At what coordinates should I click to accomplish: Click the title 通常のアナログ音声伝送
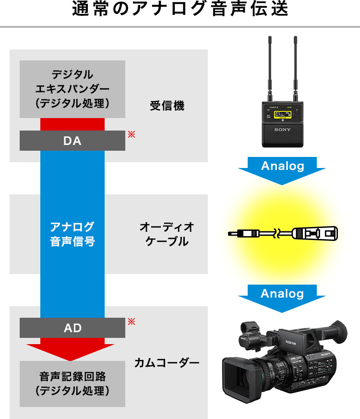click(x=180, y=11)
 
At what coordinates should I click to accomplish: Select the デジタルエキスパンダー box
click(x=72, y=89)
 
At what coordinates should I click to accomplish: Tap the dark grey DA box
click(x=72, y=141)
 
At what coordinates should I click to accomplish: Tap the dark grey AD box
click(x=72, y=328)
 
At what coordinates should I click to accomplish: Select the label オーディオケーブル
click(x=167, y=234)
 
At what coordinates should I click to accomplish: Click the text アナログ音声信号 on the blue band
click(x=72, y=234)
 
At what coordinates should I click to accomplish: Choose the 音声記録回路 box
click(x=72, y=383)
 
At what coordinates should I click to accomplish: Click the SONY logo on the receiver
click(x=282, y=130)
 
